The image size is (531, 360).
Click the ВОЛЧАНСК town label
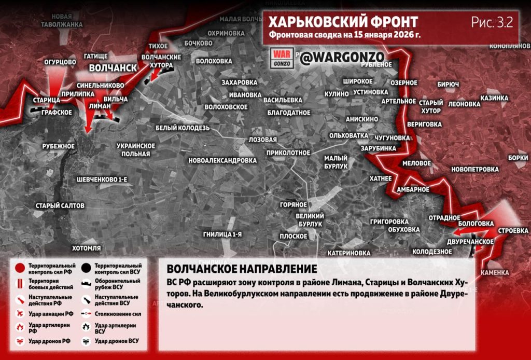(113, 68)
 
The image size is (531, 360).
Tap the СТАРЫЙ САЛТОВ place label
(60, 206)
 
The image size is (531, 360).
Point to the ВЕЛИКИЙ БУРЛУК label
(310, 219)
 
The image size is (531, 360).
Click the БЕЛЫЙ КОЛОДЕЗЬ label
(183, 128)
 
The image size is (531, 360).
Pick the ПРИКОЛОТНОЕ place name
(288, 153)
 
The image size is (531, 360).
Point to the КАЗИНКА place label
(494, 98)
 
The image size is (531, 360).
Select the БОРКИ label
(518, 158)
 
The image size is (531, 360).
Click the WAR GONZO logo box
(283, 58)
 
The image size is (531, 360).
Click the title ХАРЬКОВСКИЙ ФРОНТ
(342, 22)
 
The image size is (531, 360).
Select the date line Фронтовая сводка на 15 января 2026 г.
(344, 36)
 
